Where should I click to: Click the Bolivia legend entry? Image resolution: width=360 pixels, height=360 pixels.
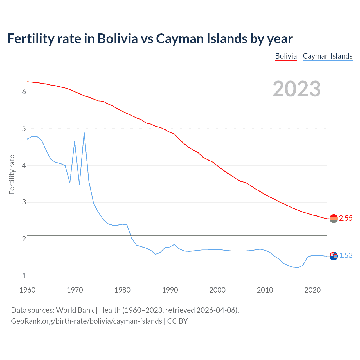[286, 56]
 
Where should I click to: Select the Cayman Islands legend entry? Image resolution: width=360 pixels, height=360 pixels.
[327, 56]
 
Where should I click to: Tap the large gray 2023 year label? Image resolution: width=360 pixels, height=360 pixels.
[296, 89]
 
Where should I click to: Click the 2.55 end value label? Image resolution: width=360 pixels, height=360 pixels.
[346, 218]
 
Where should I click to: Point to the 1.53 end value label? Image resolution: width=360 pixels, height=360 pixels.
[346, 255]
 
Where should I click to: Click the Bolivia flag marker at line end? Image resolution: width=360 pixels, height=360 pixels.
[334, 218]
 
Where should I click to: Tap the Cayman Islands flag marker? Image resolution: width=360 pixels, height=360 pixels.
[334, 256]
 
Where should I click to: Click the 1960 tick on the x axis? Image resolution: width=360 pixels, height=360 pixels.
[27, 290]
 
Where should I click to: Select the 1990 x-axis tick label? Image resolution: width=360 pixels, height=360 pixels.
[170, 290]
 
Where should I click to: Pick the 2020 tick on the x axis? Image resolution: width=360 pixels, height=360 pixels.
[312, 290]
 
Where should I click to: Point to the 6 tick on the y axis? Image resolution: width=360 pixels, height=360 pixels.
[24, 92]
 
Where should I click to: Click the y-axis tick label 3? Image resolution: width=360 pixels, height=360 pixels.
[24, 202]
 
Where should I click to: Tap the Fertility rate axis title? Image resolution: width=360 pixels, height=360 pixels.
[12, 174]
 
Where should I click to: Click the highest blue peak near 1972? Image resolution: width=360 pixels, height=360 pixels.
[84, 133]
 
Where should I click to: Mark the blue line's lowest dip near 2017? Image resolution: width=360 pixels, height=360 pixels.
[298, 267]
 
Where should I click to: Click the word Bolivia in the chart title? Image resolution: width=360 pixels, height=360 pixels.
[118, 39]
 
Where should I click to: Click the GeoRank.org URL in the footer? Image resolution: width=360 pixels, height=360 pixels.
[86, 321]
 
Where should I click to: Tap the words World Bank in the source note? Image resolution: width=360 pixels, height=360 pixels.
[75, 310]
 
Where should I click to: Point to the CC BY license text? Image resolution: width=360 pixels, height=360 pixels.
[177, 321]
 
